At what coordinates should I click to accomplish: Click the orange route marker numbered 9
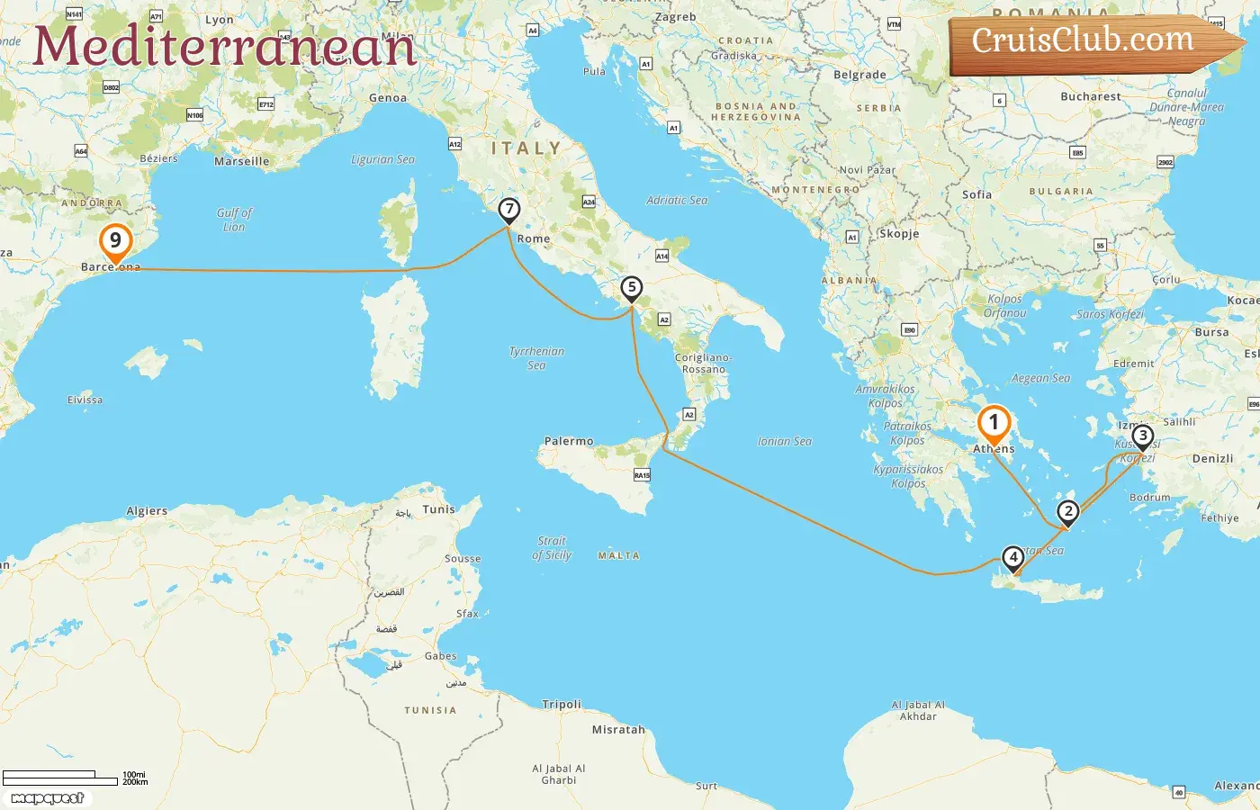pyautogui.click(x=115, y=241)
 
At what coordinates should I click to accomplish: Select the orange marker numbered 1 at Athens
pyautogui.click(x=994, y=422)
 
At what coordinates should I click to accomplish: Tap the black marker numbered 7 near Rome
pyautogui.click(x=509, y=211)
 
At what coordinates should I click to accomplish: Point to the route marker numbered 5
pyautogui.click(x=632, y=289)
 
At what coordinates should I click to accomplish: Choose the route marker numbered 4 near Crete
pyautogui.click(x=1013, y=558)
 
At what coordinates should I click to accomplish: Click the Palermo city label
pyautogui.click(x=569, y=441)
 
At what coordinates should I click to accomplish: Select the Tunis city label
pyautogui.click(x=439, y=509)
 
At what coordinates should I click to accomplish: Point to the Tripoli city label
pyautogui.click(x=562, y=705)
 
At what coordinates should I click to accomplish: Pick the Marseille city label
pyautogui.click(x=241, y=162)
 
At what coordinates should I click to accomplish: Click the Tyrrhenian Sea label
pyautogui.click(x=536, y=357)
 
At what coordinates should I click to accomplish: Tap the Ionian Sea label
pyautogui.click(x=785, y=441)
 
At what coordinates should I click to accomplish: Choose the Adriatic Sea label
pyautogui.click(x=677, y=201)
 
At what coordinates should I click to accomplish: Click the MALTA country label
pyautogui.click(x=619, y=556)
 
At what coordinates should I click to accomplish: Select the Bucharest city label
pyautogui.click(x=1091, y=96)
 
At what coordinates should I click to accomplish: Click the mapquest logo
pyautogui.click(x=48, y=798)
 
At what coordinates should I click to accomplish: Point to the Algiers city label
pyautogui.click(x=147, y=511)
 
